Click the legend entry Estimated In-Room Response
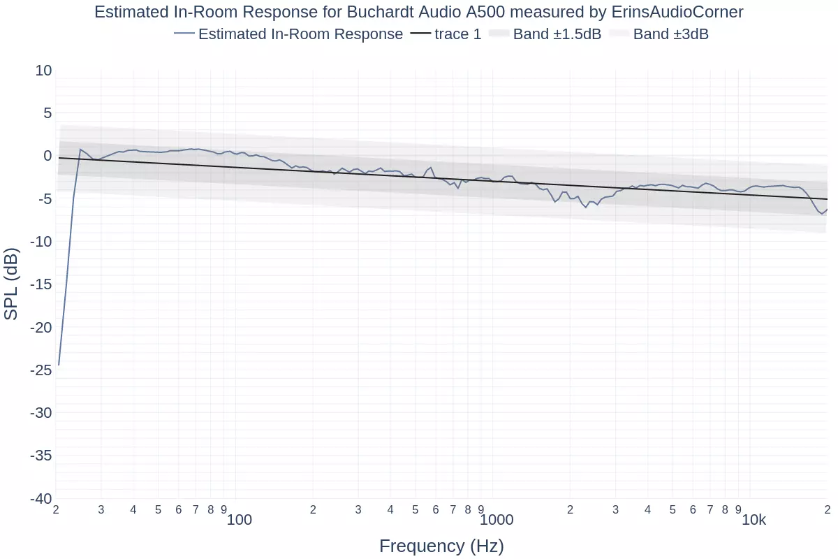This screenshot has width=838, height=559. tap(300, 34)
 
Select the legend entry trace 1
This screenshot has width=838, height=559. tap(457, 34)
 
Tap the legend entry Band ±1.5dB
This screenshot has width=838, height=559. tap(557, 34)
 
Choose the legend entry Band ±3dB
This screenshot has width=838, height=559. tap(670, 34)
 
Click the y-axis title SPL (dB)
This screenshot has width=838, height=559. tap(11, 284)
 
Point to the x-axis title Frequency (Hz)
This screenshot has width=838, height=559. tap(441, 546)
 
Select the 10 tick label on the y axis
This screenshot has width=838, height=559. tap(43, 71)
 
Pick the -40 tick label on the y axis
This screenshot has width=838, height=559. tap(41, 499)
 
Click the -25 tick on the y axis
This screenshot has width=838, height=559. tap(41, 370)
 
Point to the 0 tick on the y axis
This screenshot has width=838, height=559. tap(47, 156)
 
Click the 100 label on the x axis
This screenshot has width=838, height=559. tap(240, 520)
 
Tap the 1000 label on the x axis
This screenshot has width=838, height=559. tap(497, 520)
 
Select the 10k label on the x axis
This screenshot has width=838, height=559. tap(754, 520)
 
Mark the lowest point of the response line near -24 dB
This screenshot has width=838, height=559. tap(59, 365)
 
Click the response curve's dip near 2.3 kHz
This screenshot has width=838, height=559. tap(586, 208)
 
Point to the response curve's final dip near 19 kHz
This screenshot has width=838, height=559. tap(823, 214)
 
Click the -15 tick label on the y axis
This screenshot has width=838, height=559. tap(41, 284)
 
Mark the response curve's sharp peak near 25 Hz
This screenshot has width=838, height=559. tap(80, 149)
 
